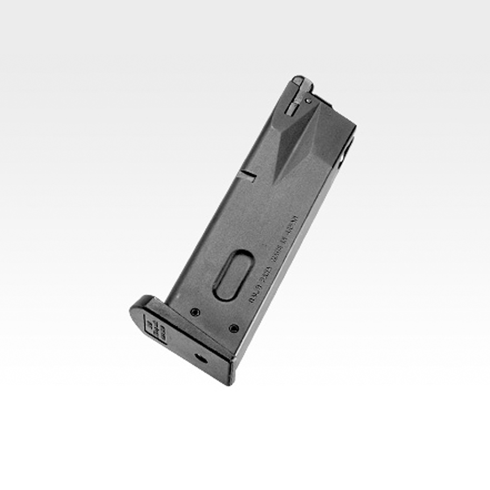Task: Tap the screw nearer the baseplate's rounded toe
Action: tap(195, 312)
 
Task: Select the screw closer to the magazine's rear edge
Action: tap(234, 328)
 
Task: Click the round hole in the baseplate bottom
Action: tap(200, 359)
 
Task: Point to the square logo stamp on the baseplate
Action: tap(155, 328)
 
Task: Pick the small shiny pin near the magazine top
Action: tap(308, 101)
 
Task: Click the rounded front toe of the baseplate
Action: tap(137, 307)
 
